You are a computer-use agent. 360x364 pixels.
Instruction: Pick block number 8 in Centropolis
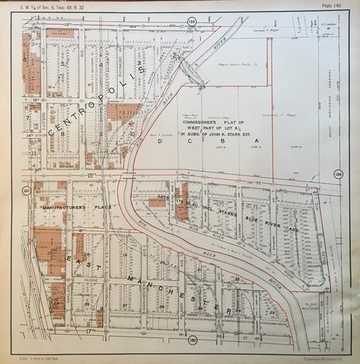coord(65,134)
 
